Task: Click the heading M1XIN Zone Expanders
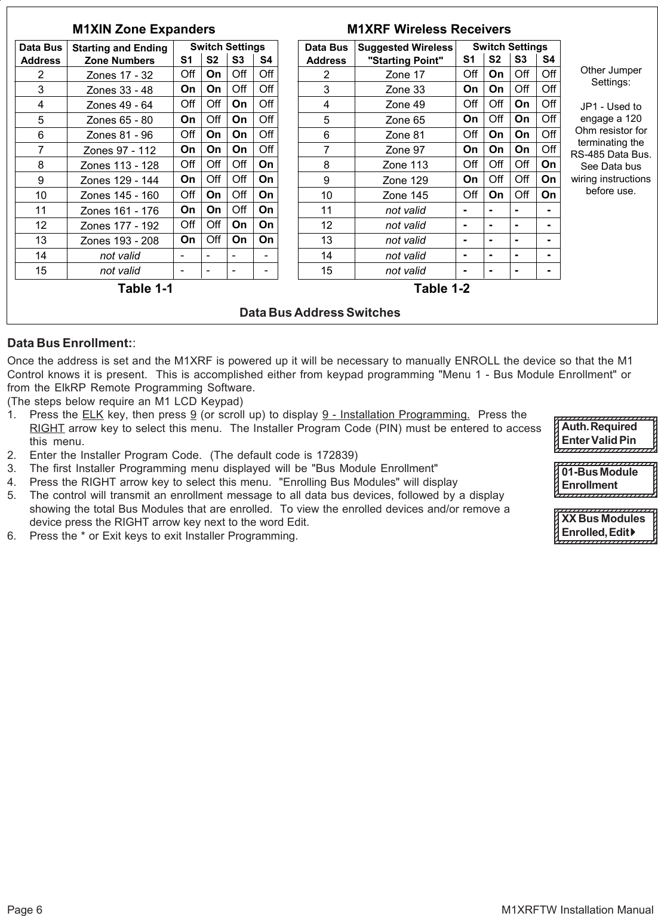point(143,29)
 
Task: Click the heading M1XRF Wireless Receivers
point(429,29)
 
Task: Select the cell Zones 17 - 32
point(119,75)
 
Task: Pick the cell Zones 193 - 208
point(119,240)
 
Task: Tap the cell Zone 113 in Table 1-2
point(405,165)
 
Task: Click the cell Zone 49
point(405,105)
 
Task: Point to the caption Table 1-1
point(145,289)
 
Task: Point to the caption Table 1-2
point(442,289)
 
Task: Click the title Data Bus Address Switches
point(319,313)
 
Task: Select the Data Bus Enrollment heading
point(69,344)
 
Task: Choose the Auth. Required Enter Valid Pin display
point(605,434)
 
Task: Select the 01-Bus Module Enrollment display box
point(605,479)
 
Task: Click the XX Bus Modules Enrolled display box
point(605,525)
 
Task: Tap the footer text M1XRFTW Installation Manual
point(577,910)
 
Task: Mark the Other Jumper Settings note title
point(611,76)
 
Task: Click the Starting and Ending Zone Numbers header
point(119,54)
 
